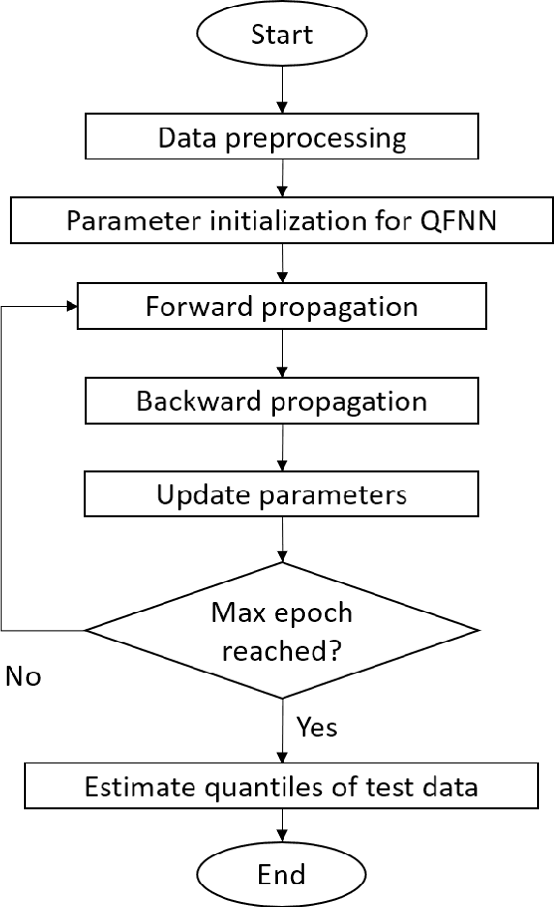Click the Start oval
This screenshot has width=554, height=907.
click(282, 35)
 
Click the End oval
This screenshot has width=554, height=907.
click(281, 874)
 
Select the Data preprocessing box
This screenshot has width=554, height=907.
click(282, 137)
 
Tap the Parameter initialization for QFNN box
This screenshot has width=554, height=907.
click(282, 220)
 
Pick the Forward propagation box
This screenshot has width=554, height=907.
click(282, 306)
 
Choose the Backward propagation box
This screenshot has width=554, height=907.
click(282, 402)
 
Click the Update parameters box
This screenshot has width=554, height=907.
click(282, 494)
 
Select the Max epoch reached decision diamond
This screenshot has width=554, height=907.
click(282, 631)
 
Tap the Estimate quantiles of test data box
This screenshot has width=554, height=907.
click(282, 787)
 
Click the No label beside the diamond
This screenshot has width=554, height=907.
click(24, 677)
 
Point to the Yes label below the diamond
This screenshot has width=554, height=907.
click(317, 727)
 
